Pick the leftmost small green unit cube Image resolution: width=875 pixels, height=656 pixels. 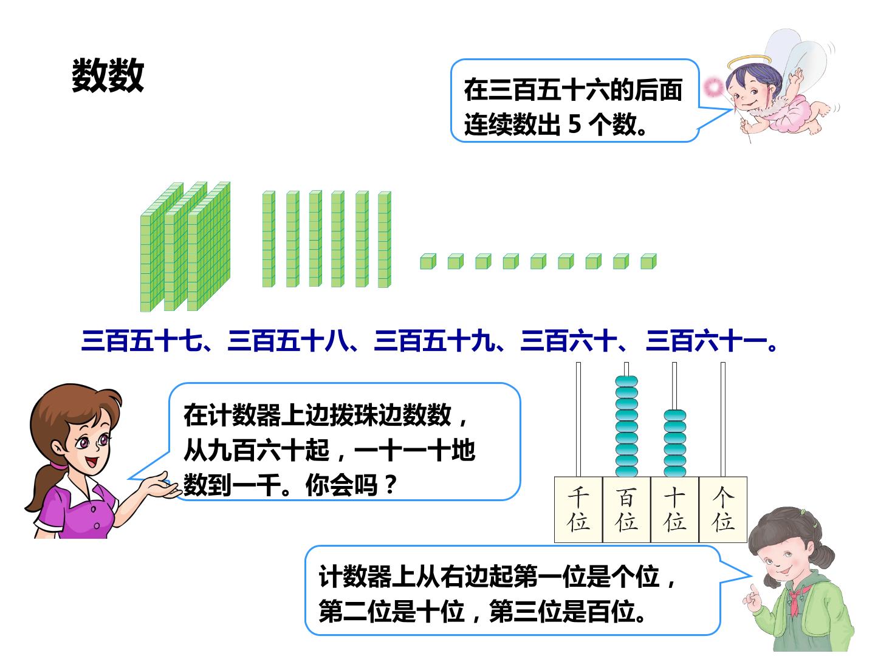point(428,262)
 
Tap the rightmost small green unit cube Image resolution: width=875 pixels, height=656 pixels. point(648,261)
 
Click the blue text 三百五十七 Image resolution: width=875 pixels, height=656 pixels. point(142,341)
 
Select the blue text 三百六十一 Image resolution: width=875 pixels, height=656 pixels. point(706,341)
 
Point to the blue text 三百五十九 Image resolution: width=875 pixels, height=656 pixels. point(434,341)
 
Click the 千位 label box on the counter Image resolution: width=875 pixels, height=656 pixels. point(578,510)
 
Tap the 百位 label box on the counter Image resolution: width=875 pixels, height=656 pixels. point(626,510)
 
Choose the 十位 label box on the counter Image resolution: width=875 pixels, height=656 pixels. point(674,510)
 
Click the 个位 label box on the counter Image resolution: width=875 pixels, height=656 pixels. point(722,510)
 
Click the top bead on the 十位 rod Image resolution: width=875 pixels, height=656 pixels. point(674,415)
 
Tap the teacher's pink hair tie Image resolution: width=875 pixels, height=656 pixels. point(58,465)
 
